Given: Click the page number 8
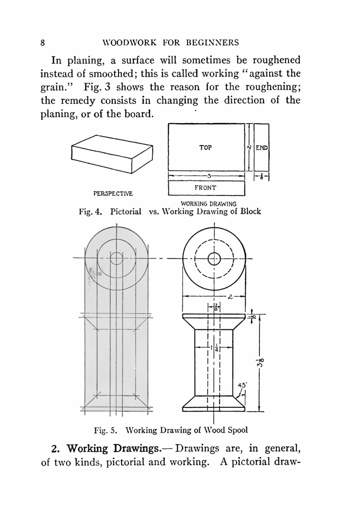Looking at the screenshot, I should [x=42, y=43].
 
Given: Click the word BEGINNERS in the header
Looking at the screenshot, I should [x=212, y=43].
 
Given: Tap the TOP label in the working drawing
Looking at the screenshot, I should [x=205, y=147].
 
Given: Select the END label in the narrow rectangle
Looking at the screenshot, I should [x=262, y=148].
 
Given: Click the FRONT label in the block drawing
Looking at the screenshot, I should [x=206, y=188].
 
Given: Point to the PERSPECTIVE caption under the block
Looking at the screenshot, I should [x=113, y=193].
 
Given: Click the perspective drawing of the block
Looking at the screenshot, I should [x=112, y=154].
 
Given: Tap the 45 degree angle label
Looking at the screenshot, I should [x=242, y=385].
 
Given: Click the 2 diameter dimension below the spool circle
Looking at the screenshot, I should [x=230, y=297].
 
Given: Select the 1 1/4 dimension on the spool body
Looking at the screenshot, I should [x=214, y=347].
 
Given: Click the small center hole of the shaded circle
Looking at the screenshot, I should [x=116, y=258].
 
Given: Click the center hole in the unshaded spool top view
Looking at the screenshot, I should [x=214, y=258].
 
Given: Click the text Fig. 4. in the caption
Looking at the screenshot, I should [x=90, y=211].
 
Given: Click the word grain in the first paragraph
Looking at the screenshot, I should [x=53, y=87].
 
